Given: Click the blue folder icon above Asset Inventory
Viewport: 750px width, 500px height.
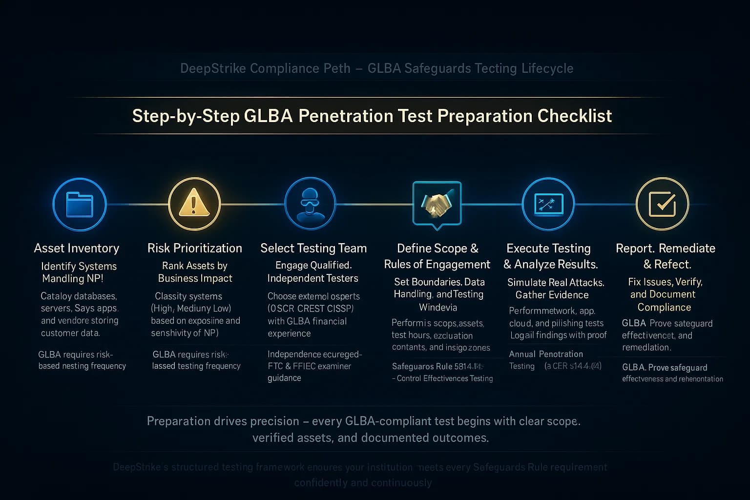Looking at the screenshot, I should pos(80,204).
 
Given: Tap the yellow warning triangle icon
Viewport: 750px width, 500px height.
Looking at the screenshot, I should pos(194,204).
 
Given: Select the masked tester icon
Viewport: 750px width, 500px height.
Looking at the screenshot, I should pos(310,204).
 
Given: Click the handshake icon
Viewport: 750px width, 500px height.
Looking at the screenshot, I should pos(437,204).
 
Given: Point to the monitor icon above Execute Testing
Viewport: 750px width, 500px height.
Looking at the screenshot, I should pos(548,204).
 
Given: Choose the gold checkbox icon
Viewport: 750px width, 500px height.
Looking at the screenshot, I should pos(662,204).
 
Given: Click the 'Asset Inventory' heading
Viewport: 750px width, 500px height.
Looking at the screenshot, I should pos(77,248).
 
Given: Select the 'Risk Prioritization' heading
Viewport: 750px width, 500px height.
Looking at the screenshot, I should pos(195,248).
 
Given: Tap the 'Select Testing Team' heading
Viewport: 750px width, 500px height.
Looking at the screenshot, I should pos(313,248).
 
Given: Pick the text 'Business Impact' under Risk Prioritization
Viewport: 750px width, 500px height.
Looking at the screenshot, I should pos(195,278).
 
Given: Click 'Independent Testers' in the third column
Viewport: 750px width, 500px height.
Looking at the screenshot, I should pos(313,278).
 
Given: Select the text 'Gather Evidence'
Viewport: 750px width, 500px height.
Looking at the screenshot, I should pos(552,295).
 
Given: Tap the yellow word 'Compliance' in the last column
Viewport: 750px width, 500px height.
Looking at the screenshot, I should pos(664,308).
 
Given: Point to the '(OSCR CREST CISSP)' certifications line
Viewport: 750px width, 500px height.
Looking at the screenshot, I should pos(311,309).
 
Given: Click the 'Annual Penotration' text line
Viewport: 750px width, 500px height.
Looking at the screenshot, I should pos(546,354).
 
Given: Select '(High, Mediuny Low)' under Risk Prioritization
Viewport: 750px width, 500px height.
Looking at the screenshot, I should pos(191,309).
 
